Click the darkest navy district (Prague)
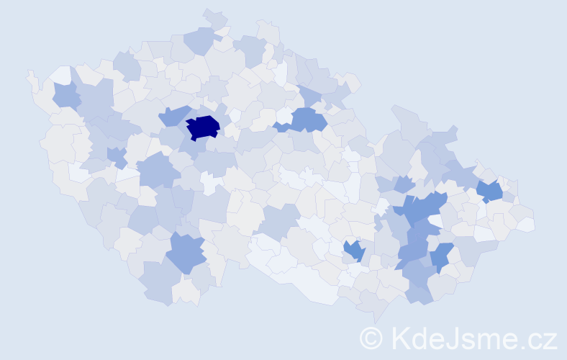tap(203, 127)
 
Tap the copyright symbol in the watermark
tap(371, 338)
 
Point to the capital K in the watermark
tap(400, 337)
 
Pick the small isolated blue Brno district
tap(353, 251)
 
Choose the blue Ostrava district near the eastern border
tap(489, 191)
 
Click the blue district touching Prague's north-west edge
tap(172, 115)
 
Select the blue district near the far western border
tap(66, 94)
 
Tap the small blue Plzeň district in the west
tap(116, 155)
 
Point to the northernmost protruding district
tap(214, 18)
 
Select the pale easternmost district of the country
tap(526, 224)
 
